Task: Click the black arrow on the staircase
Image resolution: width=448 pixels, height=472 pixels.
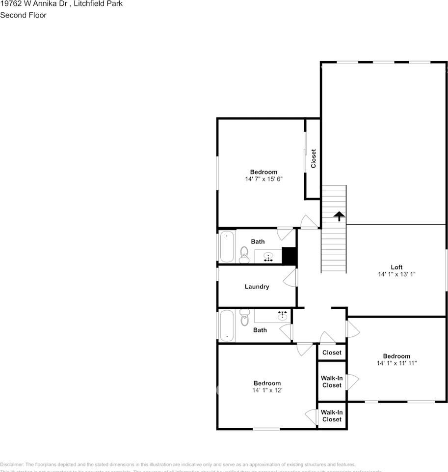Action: tap(339, 216)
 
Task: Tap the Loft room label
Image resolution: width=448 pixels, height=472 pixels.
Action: tap(396, 267)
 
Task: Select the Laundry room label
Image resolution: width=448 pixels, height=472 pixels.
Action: tap(257, 287)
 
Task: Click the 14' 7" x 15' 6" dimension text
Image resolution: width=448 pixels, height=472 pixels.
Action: tap(264, 179)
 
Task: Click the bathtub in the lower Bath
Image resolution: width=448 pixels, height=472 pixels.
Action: tap(227, 325)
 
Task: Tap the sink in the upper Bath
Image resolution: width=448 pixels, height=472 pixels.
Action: tap(268, 257)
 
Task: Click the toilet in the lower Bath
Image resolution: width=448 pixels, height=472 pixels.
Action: tap(245, 318)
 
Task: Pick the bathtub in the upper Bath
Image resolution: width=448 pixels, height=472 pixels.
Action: tap(227, 246)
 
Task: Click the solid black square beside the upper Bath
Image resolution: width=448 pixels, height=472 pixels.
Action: tap(290, 256)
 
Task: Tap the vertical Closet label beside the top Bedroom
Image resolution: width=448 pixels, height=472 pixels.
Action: tap(314, 159)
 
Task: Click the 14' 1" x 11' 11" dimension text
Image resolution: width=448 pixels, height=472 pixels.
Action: tap(396, 364)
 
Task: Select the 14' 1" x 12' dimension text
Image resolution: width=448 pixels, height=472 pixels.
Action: tap(267, 390)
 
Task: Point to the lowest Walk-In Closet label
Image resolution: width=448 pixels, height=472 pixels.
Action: tap(332, 416)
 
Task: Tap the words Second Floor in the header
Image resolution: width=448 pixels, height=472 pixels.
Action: tap(23, 15)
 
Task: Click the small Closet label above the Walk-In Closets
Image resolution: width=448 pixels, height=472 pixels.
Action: tap(332, 353)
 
